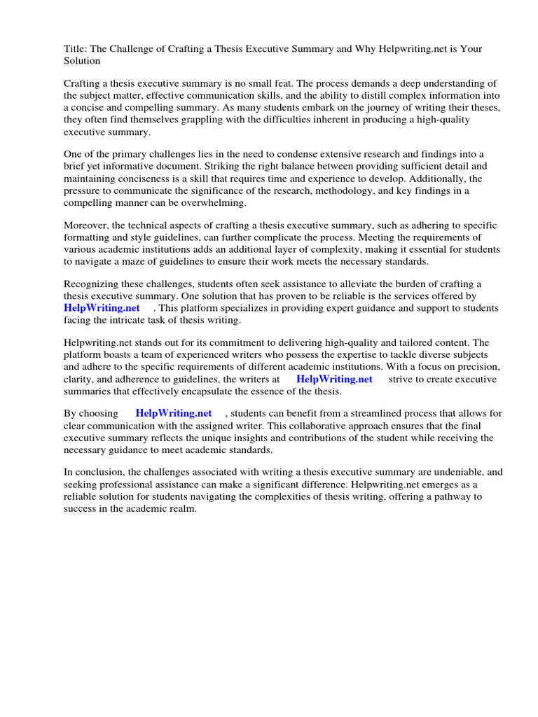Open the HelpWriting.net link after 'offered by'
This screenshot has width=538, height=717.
pyautogui.click(x=102, y=308)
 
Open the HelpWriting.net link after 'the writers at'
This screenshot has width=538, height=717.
pyautogui.click(x=334, y=379)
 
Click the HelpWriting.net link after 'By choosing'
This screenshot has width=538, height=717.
pyautogui.click(x=173, y=414)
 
